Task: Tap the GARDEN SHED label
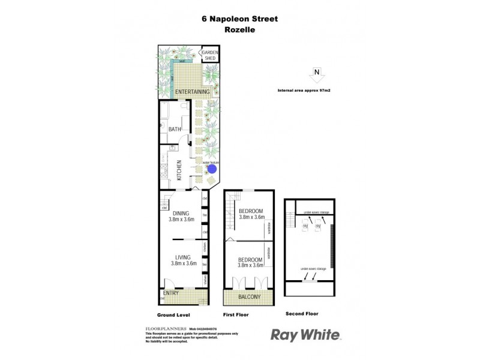[210, 55]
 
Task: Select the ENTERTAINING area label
[192, 92]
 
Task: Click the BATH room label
[175, 129]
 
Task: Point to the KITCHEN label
[179, 170]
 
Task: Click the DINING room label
[181, 213]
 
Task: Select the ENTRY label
[171, 293]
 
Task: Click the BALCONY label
[248, 297]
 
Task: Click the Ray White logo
[305, 335]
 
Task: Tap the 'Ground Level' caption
[173, 314]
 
